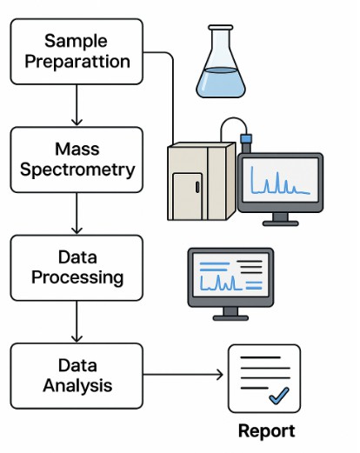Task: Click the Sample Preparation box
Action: pos(77,51)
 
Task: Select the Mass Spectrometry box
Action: pos(77,160)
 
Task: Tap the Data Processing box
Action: pos(77,268)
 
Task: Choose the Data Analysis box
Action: pos(77,376)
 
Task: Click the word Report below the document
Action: pos(266,431)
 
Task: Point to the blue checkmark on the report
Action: pos(279,396)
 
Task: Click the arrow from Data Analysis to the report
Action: pos(183,375)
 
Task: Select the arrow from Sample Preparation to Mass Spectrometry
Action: pos(77,105)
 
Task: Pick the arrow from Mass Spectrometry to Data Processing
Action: pos(77,213)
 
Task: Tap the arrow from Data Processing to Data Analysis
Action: pos(77,322)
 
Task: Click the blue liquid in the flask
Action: pos(221,83)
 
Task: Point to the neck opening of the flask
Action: pos(221,28)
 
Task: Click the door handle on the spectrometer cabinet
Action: pos(197,187)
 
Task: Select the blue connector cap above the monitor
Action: pos(246,138)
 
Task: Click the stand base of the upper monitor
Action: pos(280,223)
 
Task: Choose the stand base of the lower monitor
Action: pos(230,318)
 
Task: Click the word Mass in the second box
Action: pos(77,149)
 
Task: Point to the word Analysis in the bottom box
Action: pos(77,386)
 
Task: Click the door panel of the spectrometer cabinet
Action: pos(187,197)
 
